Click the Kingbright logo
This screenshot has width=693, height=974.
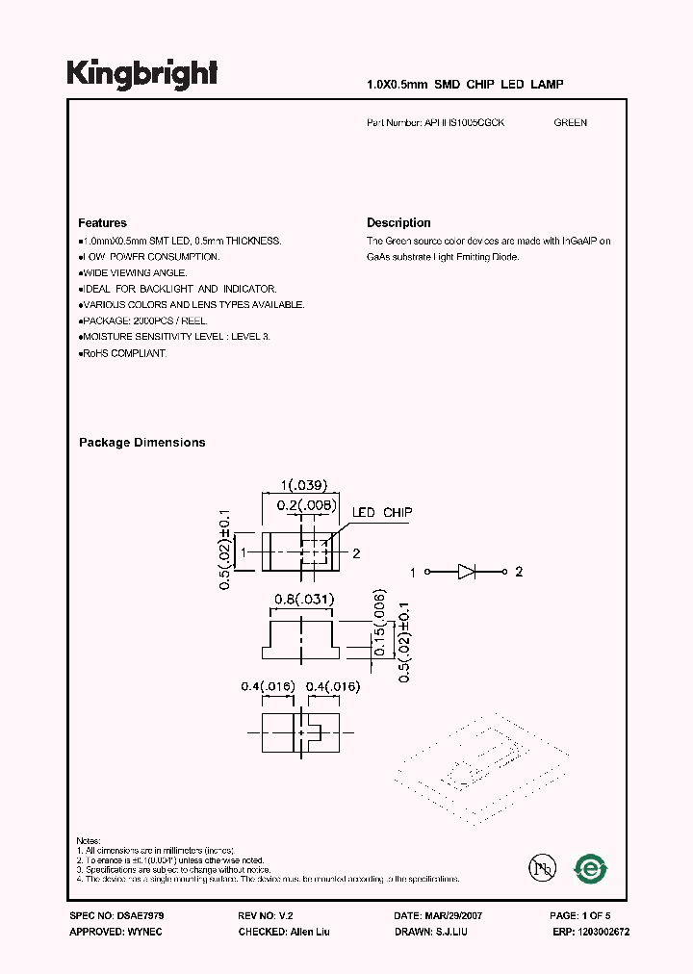point(141,74)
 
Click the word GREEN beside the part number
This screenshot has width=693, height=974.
point(570,123)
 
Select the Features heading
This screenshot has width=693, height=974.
point(102,222)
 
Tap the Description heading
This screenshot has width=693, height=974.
point(398,222)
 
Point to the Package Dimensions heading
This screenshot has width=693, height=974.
point(141,443)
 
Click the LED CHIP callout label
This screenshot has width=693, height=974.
point(381,513)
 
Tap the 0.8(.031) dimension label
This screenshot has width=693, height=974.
point(303,600)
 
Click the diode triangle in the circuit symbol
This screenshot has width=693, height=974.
point(467,572)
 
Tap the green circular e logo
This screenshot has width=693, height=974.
point(589,868)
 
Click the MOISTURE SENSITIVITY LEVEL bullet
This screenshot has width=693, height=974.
point(175,338)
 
